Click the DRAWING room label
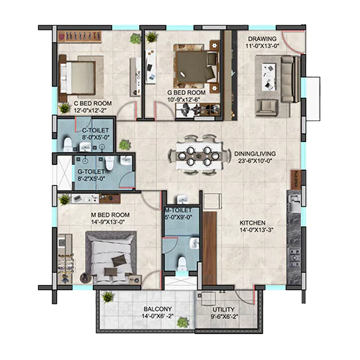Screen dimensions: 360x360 coord(262,39)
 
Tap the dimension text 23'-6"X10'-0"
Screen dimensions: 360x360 coord(255,161)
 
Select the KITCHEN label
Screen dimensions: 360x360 coord(253,223)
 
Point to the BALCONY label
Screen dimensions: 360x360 coord(158,309)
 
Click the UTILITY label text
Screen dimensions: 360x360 coord(223,310)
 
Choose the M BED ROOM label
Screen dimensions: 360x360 coord(110,215)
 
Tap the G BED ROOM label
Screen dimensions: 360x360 coord(186,92)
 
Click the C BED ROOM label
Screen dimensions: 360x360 coord(93,104)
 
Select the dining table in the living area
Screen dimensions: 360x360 coord(198,156)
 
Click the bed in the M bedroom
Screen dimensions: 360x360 coord(112,258)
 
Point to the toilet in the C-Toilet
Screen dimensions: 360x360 coord(67,145)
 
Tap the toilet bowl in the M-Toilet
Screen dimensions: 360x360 coord(182,264)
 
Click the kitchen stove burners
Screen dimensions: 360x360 coord(294,258)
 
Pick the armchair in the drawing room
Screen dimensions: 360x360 coord(266,108)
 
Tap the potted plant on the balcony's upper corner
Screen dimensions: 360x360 coord(107,297)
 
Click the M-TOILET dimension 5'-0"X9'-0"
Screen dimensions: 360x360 coord(178,217)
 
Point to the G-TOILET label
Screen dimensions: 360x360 coord(91,171)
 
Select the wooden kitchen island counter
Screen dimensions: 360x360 coord(210,248)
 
